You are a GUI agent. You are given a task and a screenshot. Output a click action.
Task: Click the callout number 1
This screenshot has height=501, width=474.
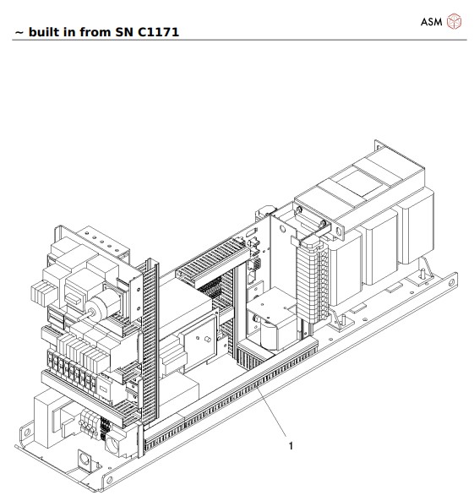[291, 446]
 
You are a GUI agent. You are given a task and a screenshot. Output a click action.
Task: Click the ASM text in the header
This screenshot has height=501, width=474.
[431, 21]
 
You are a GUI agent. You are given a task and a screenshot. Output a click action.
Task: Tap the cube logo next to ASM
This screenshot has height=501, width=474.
[454, 21]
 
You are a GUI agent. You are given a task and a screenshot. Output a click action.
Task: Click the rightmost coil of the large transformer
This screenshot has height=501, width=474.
[418, 228]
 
